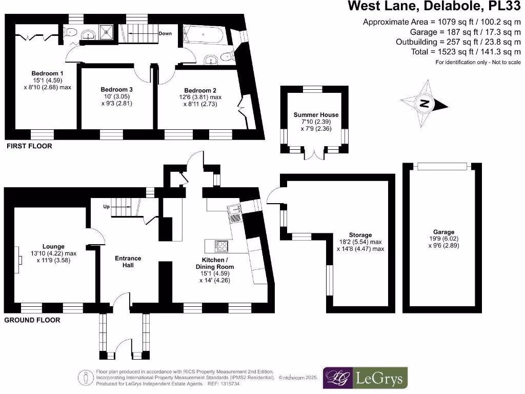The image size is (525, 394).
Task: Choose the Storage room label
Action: click(x=359, y=235)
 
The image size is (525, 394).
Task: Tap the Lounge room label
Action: click(x=54, y=247)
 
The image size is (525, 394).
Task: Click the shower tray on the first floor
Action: click(x=108, y=32)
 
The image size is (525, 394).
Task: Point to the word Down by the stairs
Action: click(x=165, y=34)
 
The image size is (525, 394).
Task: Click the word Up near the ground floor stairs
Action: click(x=107, y=207)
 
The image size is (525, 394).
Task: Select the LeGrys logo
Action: click(x=365, y=379)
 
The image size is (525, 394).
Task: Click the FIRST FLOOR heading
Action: click(x=29, y=146)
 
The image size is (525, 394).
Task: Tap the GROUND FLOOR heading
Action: click(x=32, y=320)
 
